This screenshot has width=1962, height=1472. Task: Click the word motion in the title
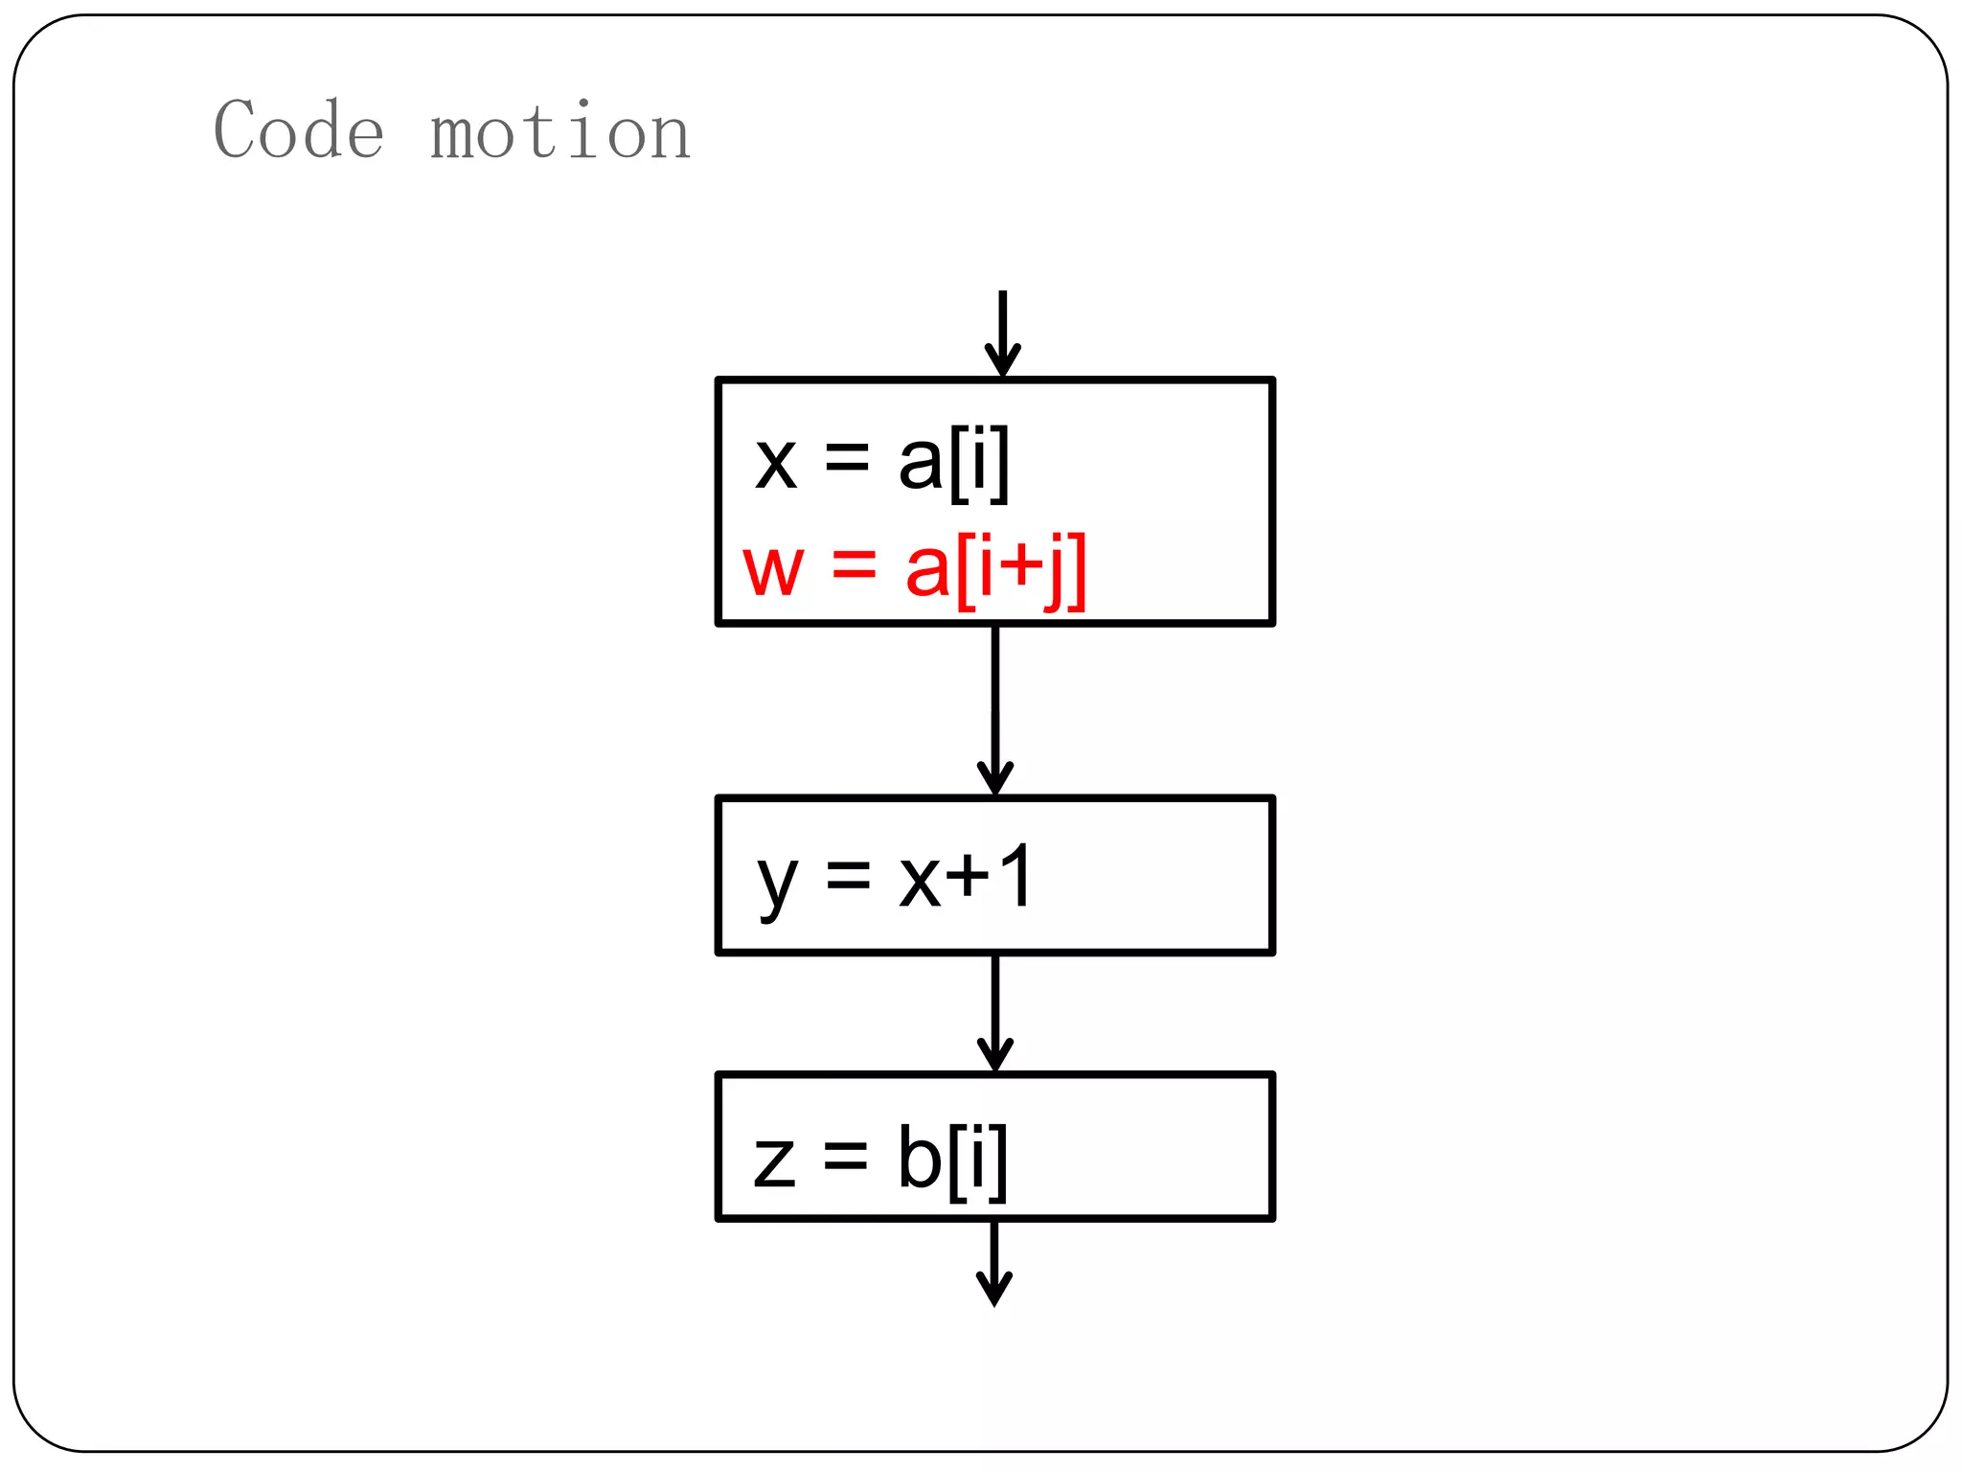pyautogui.click(x=560, y=131)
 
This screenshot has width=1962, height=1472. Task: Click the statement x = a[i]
pyautogui.click(x=882, y=463)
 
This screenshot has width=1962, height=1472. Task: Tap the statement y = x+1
pyautogui.click(x=895, y=879)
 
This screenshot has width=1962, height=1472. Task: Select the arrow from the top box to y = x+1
pyautogui.click(x=995, y=710)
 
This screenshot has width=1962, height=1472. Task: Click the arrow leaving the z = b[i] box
pyautogui.click(x=994, y=1262)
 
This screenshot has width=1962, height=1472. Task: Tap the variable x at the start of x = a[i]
pyautogui.click(x=776, y=464)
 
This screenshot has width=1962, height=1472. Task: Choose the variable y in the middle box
pyautogui.click(x=777, y=883)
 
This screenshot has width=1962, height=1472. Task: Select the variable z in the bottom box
pyautogui.click(x=774, y=1161)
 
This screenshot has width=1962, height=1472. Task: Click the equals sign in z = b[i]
pyautogui.click(x=846, y=1157)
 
